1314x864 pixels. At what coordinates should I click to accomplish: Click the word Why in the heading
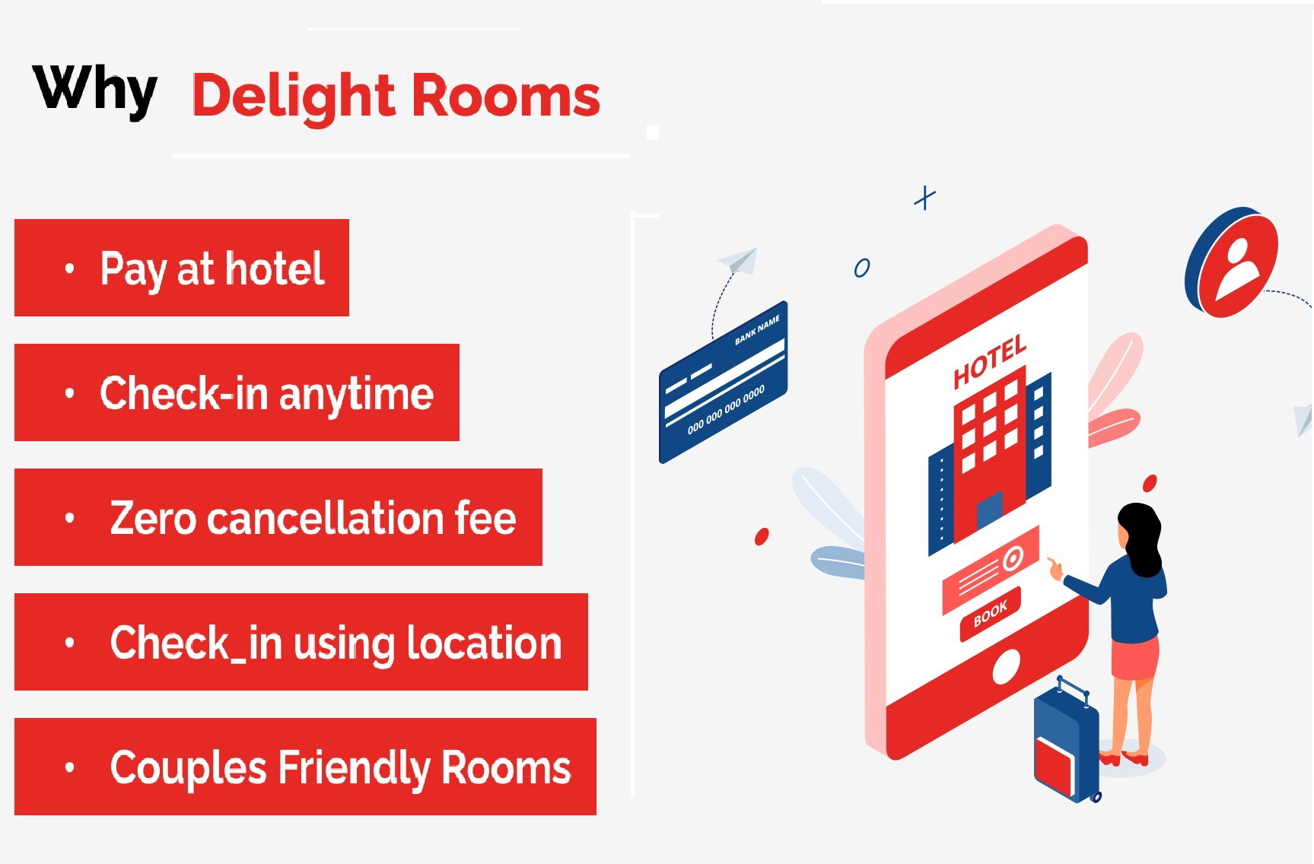coord(95,91)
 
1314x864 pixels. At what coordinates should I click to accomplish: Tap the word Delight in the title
coord(293,97)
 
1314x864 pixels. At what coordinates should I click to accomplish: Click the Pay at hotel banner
coord(182,268)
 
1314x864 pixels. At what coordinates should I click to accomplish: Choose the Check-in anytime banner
coord(237,392)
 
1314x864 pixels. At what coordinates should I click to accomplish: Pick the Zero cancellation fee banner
coord(278,517)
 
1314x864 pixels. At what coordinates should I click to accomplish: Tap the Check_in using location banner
coord(301,642)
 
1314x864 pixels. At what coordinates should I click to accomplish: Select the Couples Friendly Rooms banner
coord(305,767)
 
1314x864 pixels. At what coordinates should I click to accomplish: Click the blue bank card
coord(723,383)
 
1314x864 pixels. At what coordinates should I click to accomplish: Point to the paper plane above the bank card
coord(739,260)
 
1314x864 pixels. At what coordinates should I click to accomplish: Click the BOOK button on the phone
coord(990,613)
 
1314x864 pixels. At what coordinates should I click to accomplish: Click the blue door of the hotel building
coord(989,510)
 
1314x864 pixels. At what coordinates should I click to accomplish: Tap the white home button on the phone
coord(1006,667)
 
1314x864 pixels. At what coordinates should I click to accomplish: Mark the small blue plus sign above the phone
coord(924,198)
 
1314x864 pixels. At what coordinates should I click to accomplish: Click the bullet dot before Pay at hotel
coord(70,268)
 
